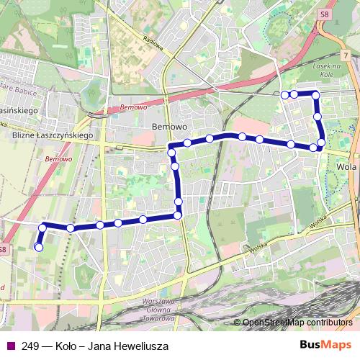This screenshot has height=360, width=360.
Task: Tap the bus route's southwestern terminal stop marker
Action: coord(38,247)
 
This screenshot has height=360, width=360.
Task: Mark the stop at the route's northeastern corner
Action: coord(315,94)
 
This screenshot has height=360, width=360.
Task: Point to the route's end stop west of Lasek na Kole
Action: coord(285,94)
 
